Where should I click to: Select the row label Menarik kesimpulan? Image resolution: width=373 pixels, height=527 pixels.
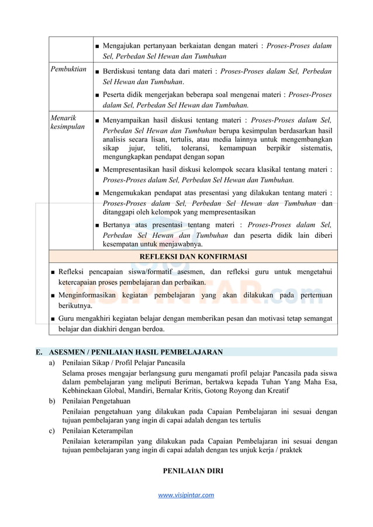coord(67,122)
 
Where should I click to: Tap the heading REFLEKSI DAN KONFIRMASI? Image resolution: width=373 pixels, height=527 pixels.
coord(193,256)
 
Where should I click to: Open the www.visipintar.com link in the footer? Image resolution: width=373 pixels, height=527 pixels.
coord(186,495)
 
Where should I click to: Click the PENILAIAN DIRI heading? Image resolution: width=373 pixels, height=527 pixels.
coord(192,470)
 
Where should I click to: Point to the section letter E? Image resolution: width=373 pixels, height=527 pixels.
coord(39,352)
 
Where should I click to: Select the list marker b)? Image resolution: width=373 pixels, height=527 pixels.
coord(52,401)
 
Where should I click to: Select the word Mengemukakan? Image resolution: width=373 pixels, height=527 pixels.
coord(129,193)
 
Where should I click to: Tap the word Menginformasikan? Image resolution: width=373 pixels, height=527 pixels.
coord(91,296)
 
